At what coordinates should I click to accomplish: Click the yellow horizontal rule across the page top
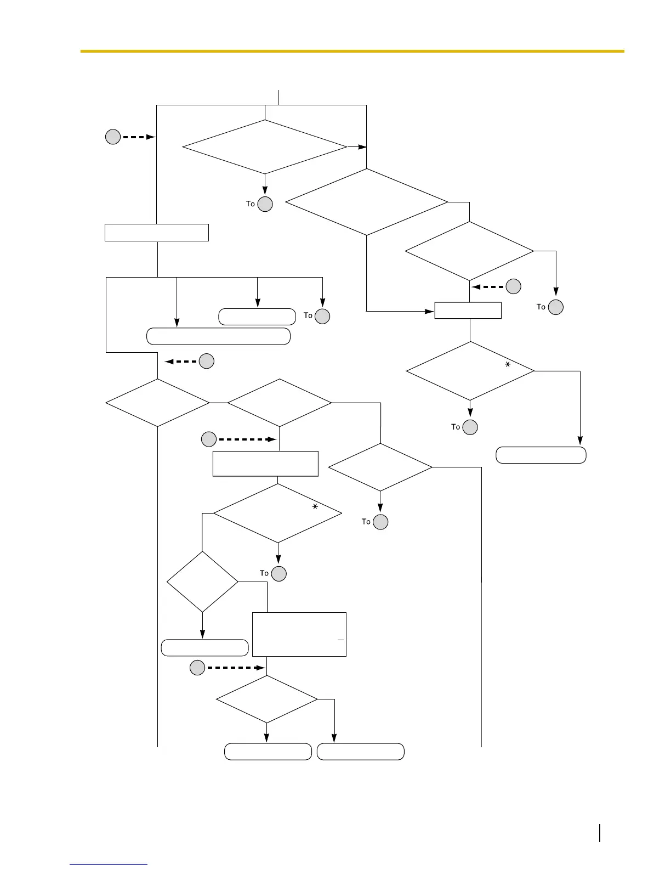[x=352, y=51]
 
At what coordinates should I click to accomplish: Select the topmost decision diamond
[x=265, y=147]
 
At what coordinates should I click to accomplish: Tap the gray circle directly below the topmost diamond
[x=265, y=204]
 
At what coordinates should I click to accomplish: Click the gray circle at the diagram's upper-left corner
[x=113, y=137]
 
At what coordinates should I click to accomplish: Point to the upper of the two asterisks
[x=508, y=364]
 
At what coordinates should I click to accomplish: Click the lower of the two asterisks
[x=315, y=507]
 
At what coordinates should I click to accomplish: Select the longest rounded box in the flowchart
[x=218, y=336]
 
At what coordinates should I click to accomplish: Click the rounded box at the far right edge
[x=541, y=455]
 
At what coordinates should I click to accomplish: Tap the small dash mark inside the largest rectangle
[x=340, y=640]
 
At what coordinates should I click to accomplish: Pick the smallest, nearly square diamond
[x=202, y=582]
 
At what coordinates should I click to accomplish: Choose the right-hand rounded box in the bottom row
[x=361, y=752]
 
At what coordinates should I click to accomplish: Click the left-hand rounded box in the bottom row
[x=268, y=752]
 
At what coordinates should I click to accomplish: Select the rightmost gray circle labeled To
[x=556, y=307]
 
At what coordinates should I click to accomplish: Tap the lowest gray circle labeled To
[x=279, y=574]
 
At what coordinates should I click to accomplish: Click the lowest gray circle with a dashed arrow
[x=197, y=668]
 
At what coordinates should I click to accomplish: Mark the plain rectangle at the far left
[x=157, y=233]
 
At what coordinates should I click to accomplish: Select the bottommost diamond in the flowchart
[x=267, y=699]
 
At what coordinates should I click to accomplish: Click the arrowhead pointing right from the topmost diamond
[x=362, y=147]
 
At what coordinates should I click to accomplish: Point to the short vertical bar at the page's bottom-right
[x=600, y=833]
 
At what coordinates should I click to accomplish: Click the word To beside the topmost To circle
[x=251, y=204]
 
